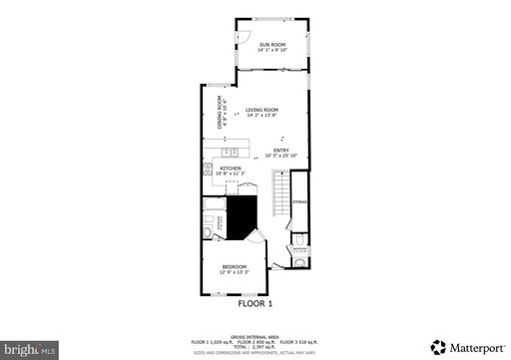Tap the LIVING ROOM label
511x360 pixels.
coord(261,110)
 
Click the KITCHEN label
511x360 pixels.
coord(231,169)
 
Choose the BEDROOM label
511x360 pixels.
coord(236,266)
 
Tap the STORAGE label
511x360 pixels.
coord(299,202)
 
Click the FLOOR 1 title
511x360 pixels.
coord(255,303)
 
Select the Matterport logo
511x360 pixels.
coord(464,347)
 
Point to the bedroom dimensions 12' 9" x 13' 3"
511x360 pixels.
coord(236,272)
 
